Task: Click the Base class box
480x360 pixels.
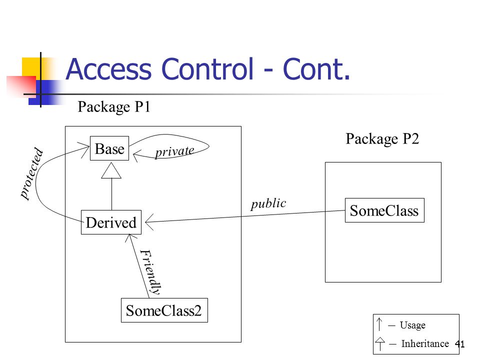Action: coord(109,148)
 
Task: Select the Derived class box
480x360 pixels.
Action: coord(111,222)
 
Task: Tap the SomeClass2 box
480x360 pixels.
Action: coord(164,310)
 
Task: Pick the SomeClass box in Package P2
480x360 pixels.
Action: coord(384,210)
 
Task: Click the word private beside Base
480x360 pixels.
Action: coord(174,151)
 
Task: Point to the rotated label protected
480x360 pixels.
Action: coord(31,173)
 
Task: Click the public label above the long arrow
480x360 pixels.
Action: coord(268,203)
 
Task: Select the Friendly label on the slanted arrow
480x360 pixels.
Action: coord(150,272)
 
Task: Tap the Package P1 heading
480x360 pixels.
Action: coord(114,107)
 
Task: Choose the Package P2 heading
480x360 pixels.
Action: coord(382,139)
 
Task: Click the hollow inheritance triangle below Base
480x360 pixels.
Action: coord(111,170)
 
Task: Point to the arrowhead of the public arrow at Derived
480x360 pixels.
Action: coord(149,221)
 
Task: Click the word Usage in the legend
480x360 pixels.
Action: coord(412,325)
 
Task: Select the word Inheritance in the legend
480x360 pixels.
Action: coord(425,343)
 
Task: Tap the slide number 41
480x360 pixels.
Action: coord(460,344)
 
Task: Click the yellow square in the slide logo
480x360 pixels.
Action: coord(31,67)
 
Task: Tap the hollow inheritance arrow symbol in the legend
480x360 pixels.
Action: coord(380,343)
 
